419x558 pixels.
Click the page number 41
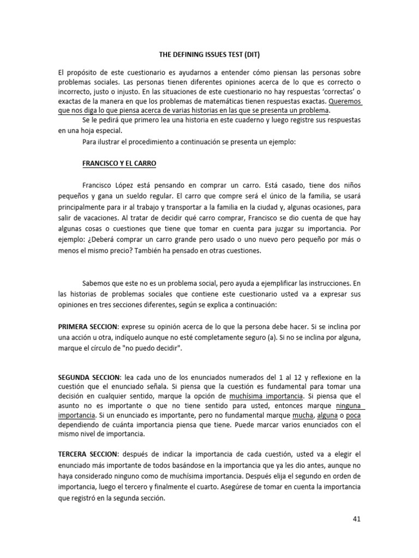[357, 519]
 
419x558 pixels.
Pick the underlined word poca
[352, 416]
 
